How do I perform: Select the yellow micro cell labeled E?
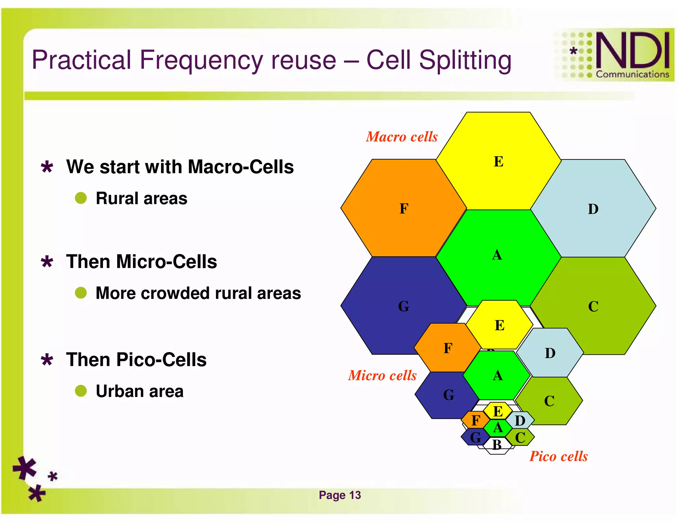pyautogui.click(x=499, y=325)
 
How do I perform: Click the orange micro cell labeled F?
pyautogui.click(x=447, y=348)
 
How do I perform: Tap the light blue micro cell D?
pyautogui.click(x=550, y=353)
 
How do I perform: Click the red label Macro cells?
pyautogui.click(x=402, y=137)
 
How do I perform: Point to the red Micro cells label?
pyautogui.click(x=382, y=375)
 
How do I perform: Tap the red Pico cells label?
pyautogui.click(x=558, y=456)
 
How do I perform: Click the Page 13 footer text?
pyautogui.click(x=340, y=495)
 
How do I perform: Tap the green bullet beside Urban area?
pyautogui.click(x=81, y=391)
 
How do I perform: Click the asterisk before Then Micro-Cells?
pyautogui.click(x=47, y=262)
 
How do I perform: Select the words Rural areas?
pyautogui.click(x=141, y=198)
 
